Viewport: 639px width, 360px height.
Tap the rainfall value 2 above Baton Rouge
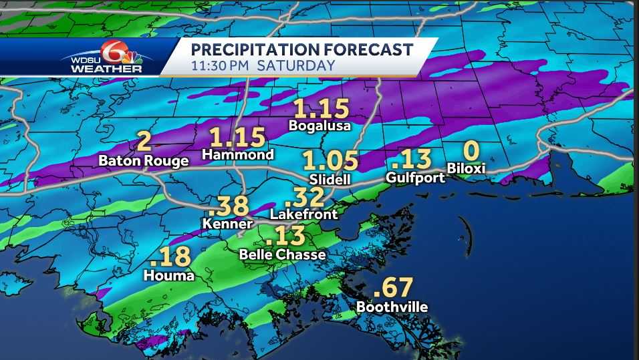(x=144, y=142)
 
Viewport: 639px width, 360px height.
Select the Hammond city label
(x=239, y=155)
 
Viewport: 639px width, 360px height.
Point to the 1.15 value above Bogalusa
(x=322, y=108)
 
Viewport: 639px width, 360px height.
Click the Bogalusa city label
(x=320, y=126)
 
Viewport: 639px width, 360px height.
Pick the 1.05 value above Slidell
(x=330, y=162)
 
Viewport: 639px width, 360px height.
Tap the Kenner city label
(x=228, y=224)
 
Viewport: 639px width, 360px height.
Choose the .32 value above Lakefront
(x=304, y=197)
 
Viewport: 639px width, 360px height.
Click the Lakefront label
(x=303, y=215)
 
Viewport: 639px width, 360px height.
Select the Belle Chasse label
(x=283, y=254)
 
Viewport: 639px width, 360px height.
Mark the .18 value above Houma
(x=171, y=257)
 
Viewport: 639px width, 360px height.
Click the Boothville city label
(x=392, y=307)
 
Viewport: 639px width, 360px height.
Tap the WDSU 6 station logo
(x=107, y=57)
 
